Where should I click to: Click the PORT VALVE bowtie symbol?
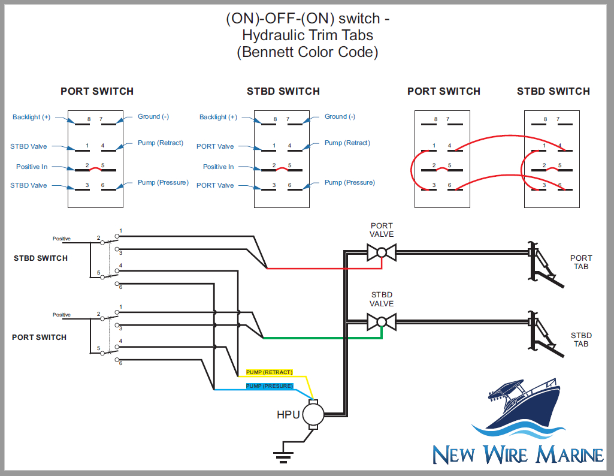click(x=382, y=252)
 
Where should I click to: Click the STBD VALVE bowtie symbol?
click(x=382, y=323)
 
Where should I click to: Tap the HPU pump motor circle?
click(x=312, y=414)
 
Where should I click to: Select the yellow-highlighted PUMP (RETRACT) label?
click(x=270, y=372)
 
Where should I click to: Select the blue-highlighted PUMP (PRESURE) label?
click(x=270, y=386)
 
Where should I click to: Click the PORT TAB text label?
click(x=580, y=262)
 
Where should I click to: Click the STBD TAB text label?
click(x=580, y=339)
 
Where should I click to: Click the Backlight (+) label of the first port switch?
click(x=31, y=117)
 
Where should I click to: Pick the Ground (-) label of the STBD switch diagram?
click(x=340, y=116)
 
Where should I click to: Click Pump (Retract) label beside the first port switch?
click(x=161, y=143)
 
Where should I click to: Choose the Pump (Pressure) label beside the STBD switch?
click(x=349, y=182)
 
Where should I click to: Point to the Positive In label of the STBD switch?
click(x=218, y=167)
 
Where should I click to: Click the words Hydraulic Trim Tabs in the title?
click(x=307, y=35)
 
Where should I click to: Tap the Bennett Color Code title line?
click(x=307, y=52)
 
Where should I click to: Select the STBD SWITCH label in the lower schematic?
click(x=41, y=258)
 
